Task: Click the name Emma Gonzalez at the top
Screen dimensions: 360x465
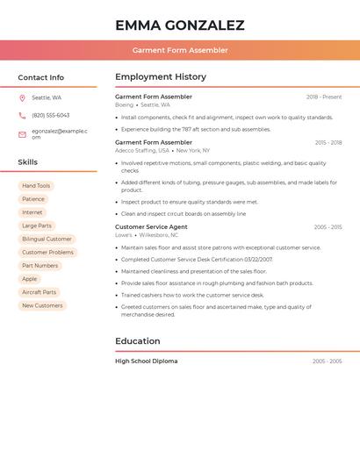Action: [179, 25]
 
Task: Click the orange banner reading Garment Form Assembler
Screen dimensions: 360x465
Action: [180, 50]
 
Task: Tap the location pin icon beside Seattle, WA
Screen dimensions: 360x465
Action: [22, 98]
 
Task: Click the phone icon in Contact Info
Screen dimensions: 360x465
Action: [22, 116]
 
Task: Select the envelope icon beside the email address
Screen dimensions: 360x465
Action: [22, 134]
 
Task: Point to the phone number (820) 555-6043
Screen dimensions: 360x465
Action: [50, 116]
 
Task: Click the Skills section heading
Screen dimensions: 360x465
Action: [27, 162]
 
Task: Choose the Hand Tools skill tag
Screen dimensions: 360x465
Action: [36, 186]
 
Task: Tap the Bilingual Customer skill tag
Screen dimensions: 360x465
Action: [47, 239]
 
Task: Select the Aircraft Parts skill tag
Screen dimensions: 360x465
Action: [39, 292]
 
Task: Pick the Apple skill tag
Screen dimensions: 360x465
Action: [29, 279]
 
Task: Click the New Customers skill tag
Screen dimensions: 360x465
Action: [42, 305]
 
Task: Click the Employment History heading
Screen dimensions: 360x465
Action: [161, 77]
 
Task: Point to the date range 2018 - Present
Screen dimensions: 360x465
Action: [324, 97]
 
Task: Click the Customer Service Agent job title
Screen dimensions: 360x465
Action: [151, 227]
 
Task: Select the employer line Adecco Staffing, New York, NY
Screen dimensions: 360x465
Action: [162, 151]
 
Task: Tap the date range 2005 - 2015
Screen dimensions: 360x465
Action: [328, 227]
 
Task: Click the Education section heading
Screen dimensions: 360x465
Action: [138, 341]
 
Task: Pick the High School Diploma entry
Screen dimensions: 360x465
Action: [146, 361]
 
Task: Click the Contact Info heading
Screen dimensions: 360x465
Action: [40, 78]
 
